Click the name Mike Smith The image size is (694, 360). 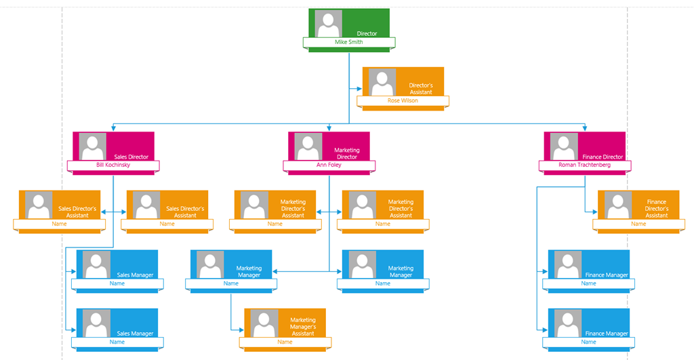pos(349,42)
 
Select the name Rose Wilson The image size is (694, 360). pos(403,100)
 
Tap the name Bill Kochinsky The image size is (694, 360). pos(113,165)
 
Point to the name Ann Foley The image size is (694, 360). pos(329,165)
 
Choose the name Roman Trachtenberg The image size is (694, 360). pos(585,165)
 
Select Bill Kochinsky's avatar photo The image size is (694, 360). pos(93,146)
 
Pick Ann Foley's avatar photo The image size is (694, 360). pos(308,146)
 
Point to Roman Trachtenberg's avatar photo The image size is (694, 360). pos(565,146)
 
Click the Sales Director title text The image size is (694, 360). pos(131,157)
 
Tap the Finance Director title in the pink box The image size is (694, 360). pos(603,157)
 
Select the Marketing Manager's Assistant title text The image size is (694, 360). pos(303,327)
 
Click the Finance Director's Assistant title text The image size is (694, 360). pos(657,209)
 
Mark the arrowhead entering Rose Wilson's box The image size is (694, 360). pos(360,87)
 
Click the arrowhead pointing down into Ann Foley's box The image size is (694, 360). pos(329,128)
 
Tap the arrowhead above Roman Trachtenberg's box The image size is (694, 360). pos(585,128)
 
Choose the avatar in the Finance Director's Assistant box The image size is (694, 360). pos(618,205)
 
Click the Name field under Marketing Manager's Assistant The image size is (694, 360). pos(285,342)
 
